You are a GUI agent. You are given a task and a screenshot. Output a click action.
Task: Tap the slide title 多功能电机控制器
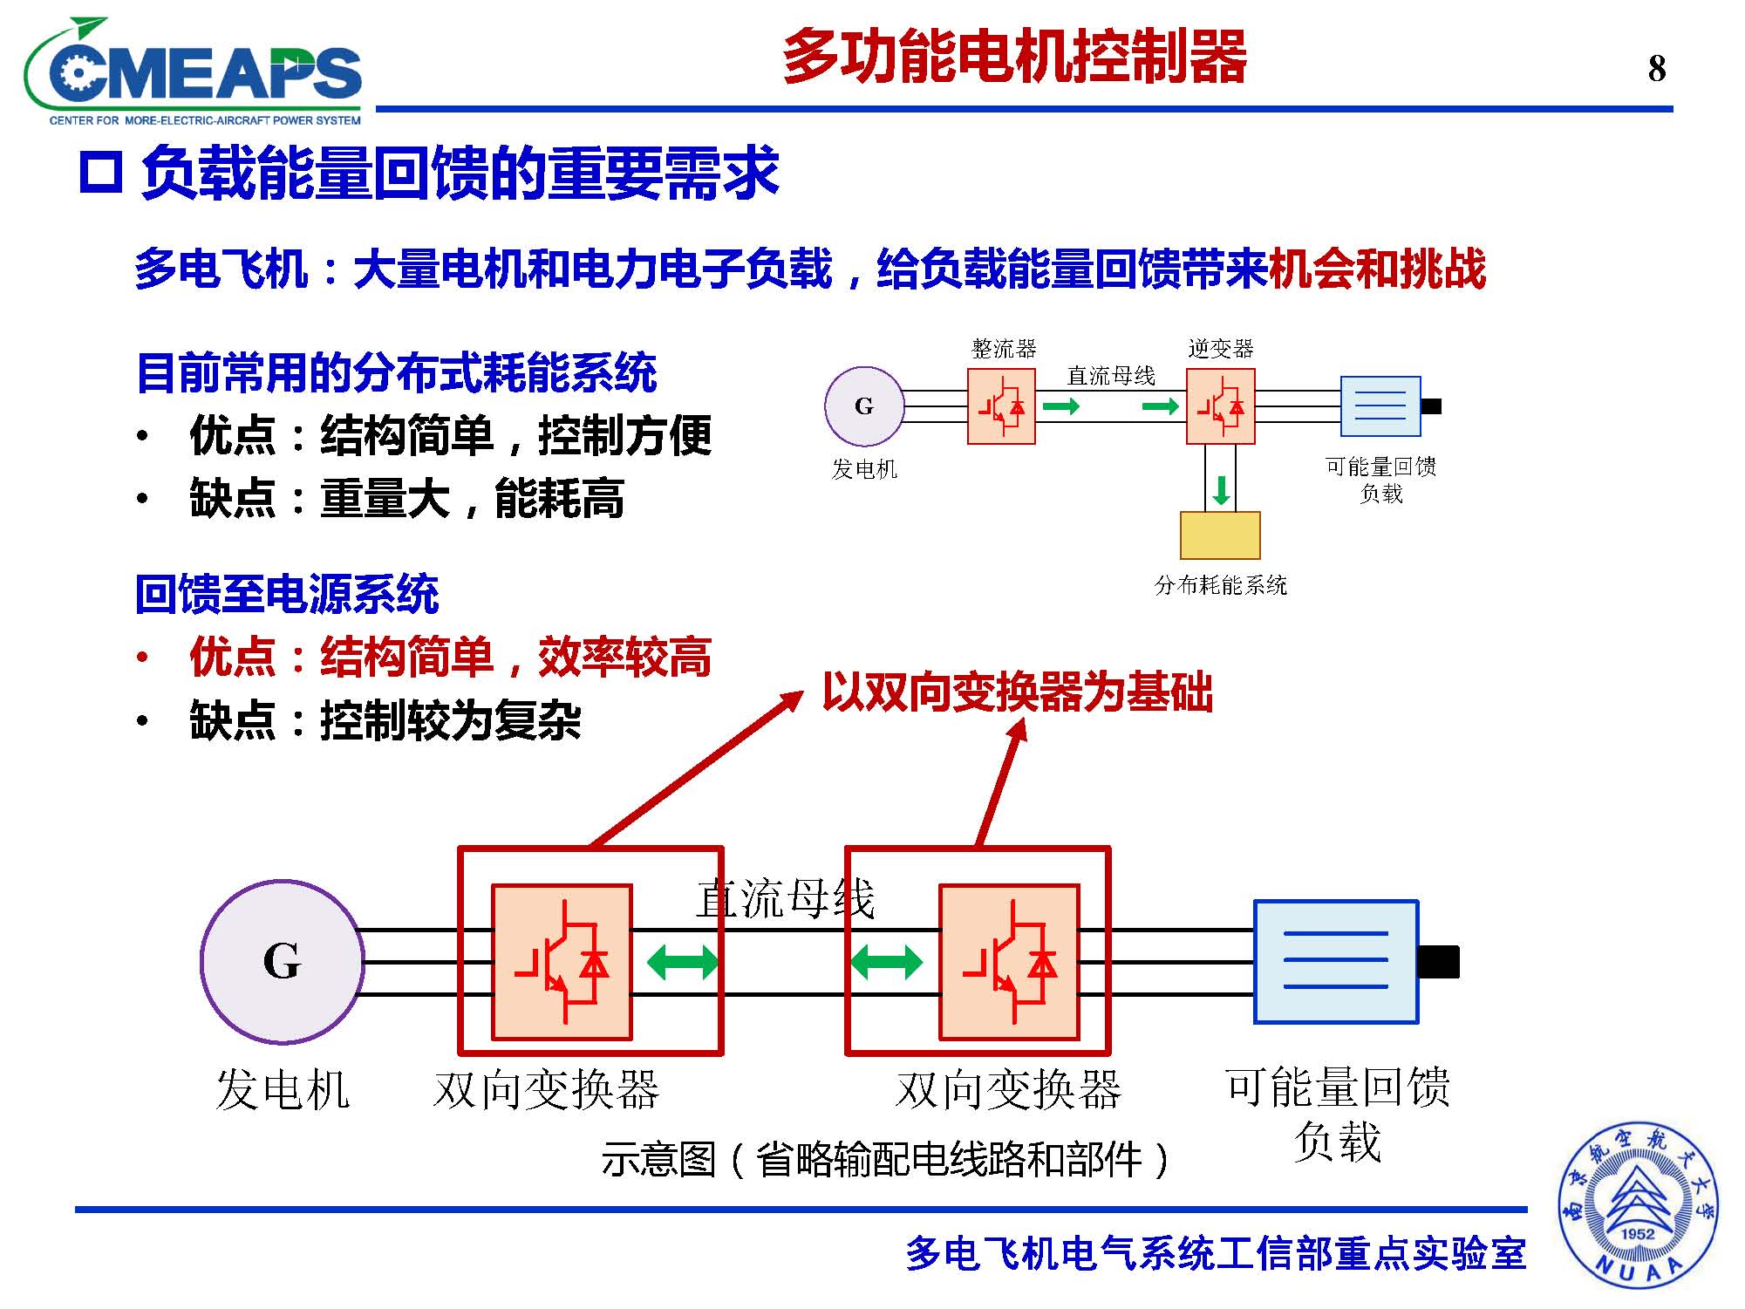pos(1015,58)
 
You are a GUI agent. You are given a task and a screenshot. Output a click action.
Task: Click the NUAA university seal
pos(1638,1205)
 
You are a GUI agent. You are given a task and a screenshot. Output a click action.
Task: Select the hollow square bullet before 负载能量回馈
pos(100,173)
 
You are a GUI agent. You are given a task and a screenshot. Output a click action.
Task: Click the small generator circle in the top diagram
pos(864,406)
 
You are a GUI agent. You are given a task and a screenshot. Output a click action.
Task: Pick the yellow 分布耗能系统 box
pos(1220,535)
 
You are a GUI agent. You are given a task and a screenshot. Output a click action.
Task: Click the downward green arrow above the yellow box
pos(1221,490)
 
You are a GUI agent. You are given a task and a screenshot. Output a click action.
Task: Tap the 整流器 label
pos(1004,349)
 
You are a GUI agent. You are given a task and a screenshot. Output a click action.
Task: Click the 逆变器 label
pos(1220,349)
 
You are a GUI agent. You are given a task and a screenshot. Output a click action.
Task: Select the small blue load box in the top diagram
pos(1380,406)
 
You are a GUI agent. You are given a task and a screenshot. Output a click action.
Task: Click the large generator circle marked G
pos(282,962)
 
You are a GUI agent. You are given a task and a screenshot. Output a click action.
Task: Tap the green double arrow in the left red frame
pos(682,963)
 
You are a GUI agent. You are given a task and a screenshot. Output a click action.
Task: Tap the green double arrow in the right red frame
pos(886,963)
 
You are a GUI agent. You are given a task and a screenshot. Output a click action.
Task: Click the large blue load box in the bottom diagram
pos(1336,962)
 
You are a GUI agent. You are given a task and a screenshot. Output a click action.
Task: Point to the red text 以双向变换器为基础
pos(1017,692)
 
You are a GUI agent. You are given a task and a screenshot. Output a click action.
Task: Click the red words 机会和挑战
pos(1378,269)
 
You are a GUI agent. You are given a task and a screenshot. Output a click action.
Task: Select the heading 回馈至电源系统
pos(287,594)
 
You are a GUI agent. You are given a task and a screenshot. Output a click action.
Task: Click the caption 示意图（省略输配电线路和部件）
pos(884,1160)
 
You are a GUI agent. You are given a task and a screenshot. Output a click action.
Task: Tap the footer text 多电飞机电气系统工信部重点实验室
pos(1216,1254)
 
